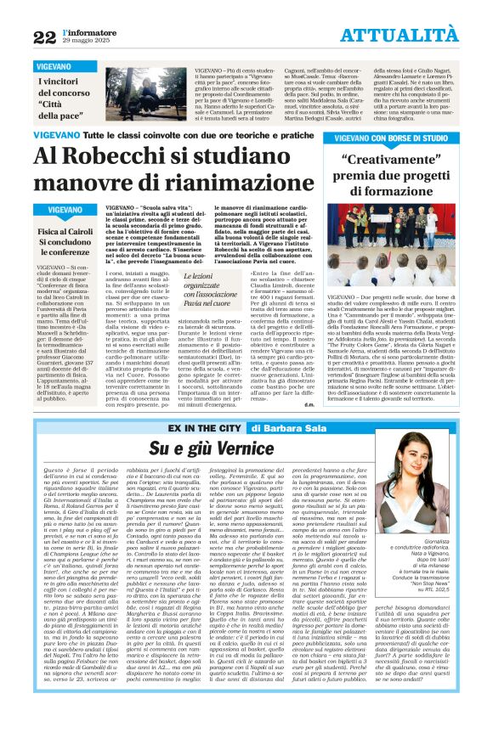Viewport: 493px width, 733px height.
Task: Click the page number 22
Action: pos(44,37)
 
